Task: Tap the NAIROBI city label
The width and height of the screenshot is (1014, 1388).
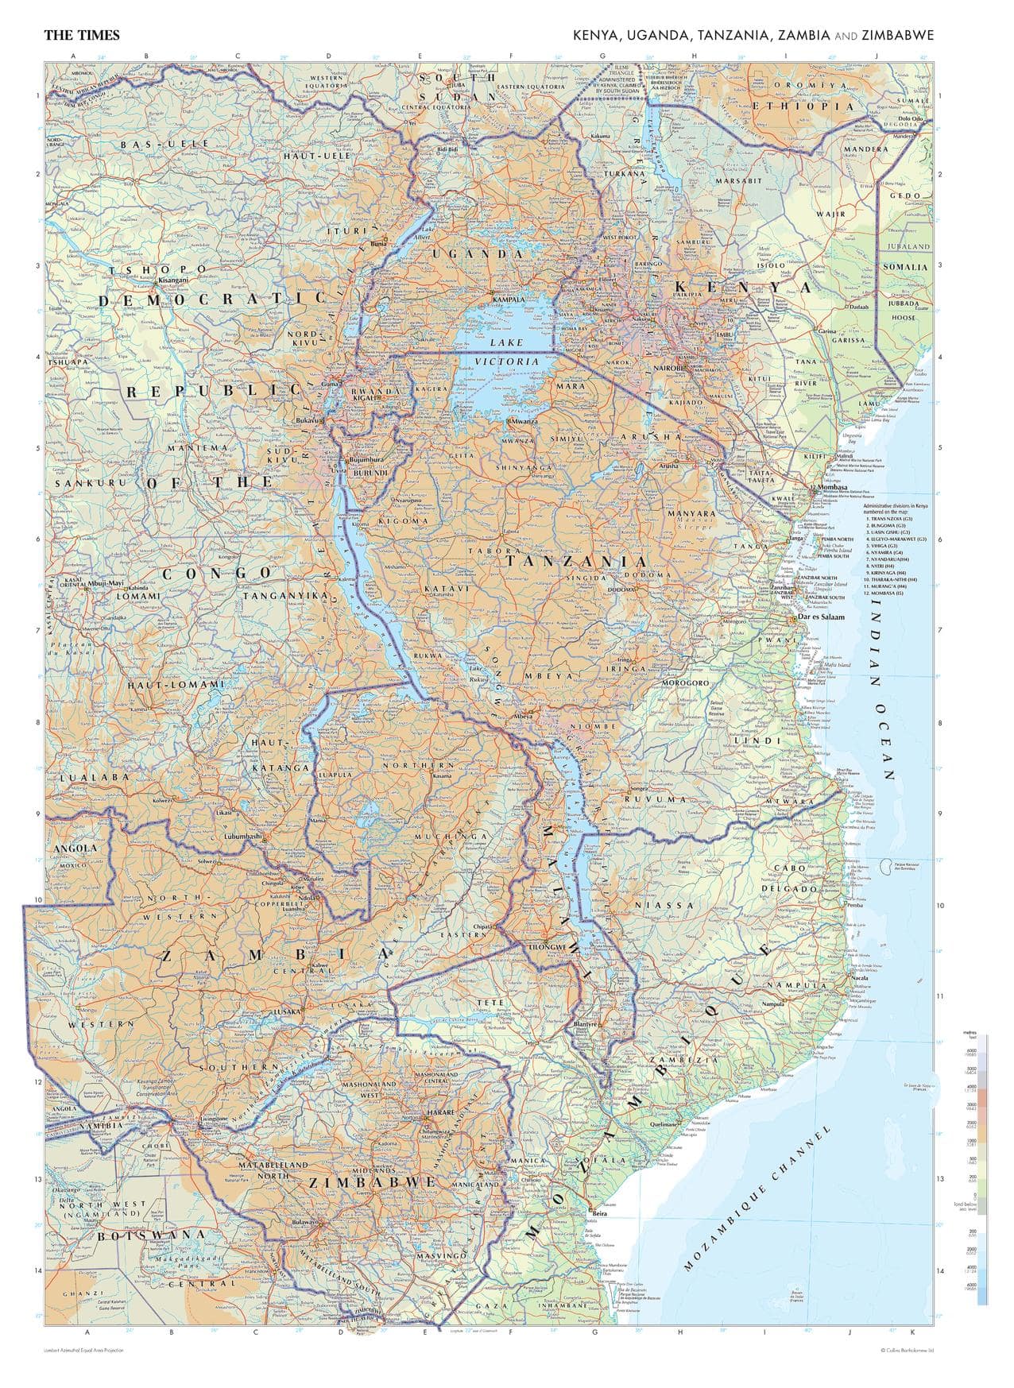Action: [x=668, y=369]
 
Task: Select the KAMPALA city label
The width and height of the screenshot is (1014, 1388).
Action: [x=509, y=299]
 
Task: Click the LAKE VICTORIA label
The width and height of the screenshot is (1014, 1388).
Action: [x=507, y=351]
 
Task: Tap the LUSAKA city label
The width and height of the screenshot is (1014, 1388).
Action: [x=287, y=1011]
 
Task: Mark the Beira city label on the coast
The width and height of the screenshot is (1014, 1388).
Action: [x=600, y=1213]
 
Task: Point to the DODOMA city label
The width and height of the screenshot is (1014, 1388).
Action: [x=621, y=589]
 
